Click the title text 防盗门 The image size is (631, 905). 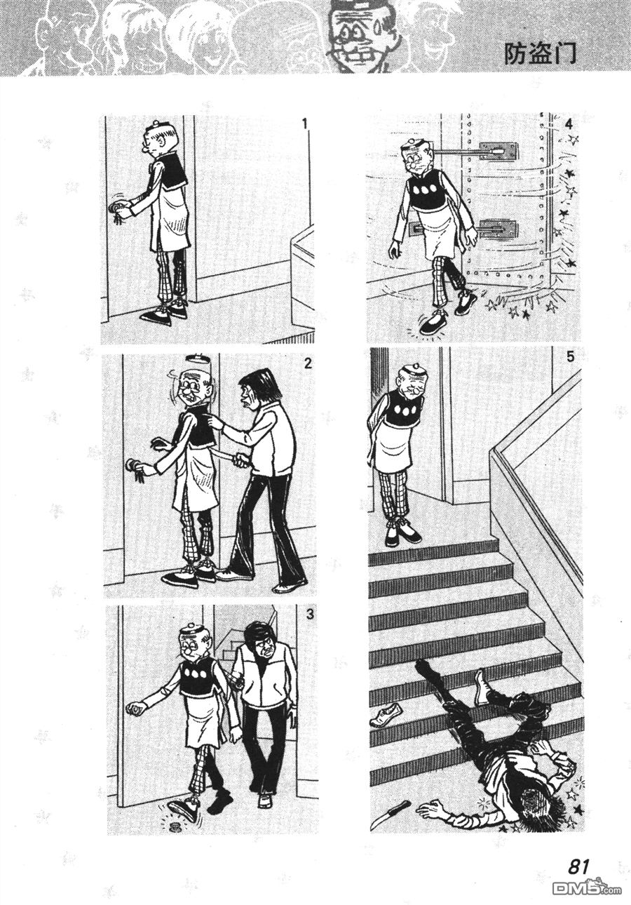tap(540, 55)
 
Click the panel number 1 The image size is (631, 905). tap(305, 123)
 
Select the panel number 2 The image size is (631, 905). tap(308, 363)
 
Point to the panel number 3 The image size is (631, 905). tap(310, 614)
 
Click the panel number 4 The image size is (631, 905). tap(569, 123)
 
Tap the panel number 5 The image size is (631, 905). tap(570, 357)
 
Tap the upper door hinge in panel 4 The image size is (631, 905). tap(498, 151)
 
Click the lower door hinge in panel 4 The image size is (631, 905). tap(498, 230)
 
